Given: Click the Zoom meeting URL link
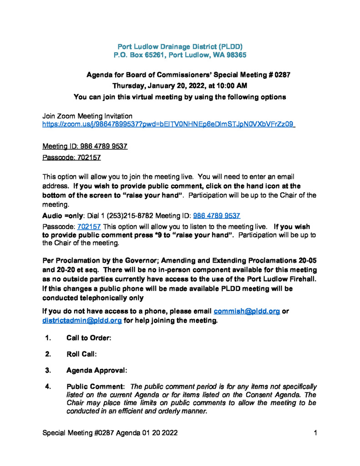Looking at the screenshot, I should click(x=168, y=124).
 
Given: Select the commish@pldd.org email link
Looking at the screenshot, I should click(x=246, y=311).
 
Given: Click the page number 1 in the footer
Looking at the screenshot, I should click(x=315, y=432).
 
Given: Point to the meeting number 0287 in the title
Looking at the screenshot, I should click(x=282, y=75).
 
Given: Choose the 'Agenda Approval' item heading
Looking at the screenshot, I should click(x=96, y=370).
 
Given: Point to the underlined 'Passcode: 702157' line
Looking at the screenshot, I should click(x=71, y=158).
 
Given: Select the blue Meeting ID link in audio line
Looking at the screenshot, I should click(x=217, y=216).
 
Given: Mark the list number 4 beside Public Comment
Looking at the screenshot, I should click(x=47, y=386).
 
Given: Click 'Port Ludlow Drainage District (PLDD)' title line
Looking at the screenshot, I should click(x=180, y=46).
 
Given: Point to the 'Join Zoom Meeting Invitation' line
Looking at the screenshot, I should click(x=87, y=116).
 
